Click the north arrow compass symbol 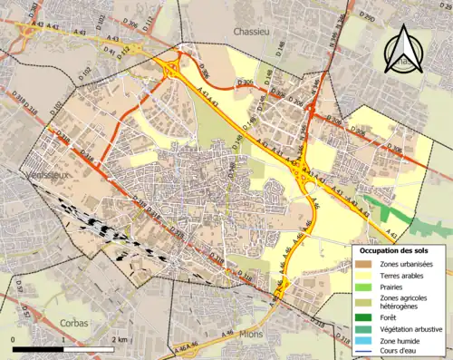[x=402, y=50]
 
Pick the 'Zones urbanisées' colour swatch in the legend [x=362, y=264]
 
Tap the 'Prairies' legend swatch [x=362, y=287]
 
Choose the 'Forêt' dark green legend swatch [x=362, y=317]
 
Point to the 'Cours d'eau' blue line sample [x=362, y=351]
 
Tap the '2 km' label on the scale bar [x=118, y=339]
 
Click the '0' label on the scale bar [x=14, y=339]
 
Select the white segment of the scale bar [x=88, y=348]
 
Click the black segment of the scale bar [x=38, y=348]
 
